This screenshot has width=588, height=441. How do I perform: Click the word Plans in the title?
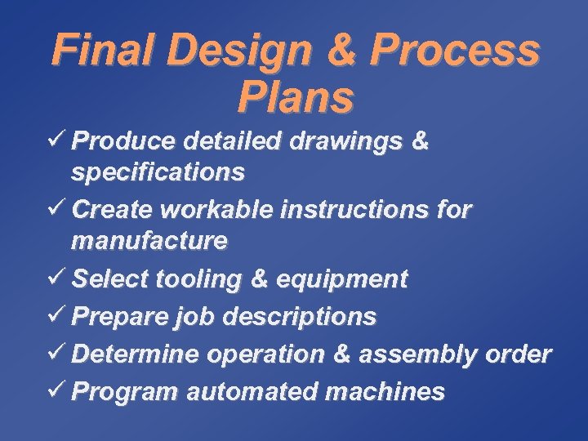[295, 97]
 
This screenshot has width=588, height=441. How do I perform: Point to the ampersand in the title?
[337, 51]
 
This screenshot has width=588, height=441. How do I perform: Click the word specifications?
[158, 172]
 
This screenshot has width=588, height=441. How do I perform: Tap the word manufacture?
[149, 241]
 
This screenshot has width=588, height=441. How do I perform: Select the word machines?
[385, 392]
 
